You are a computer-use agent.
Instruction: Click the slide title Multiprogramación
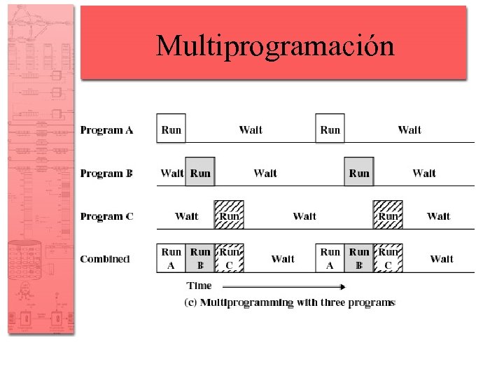point(275,45)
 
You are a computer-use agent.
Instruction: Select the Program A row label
point(106,130)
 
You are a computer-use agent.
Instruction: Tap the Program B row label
point(106,174)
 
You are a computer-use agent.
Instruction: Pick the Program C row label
point(106,216)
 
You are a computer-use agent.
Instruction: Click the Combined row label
point(105,259)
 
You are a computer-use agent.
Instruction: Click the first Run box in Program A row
point(171,129)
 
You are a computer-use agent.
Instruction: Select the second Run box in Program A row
point(330,129)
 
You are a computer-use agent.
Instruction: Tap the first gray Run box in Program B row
point(200,173)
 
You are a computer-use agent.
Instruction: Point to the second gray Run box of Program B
point(359,173)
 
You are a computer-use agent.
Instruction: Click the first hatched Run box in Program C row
point(229,216)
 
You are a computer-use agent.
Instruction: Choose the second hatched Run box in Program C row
point(388,216)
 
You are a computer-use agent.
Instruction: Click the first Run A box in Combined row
point(171,258)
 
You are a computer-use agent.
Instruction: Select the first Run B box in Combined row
point(200,258)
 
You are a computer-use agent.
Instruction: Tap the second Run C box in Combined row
point(388,258)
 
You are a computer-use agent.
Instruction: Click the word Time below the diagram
point(199,286)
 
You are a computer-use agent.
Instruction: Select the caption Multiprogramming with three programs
point(290,302)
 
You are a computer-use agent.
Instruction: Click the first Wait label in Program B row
point(171,173)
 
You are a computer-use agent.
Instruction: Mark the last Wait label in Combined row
point(442,259)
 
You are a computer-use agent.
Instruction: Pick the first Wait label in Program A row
point(251,129)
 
